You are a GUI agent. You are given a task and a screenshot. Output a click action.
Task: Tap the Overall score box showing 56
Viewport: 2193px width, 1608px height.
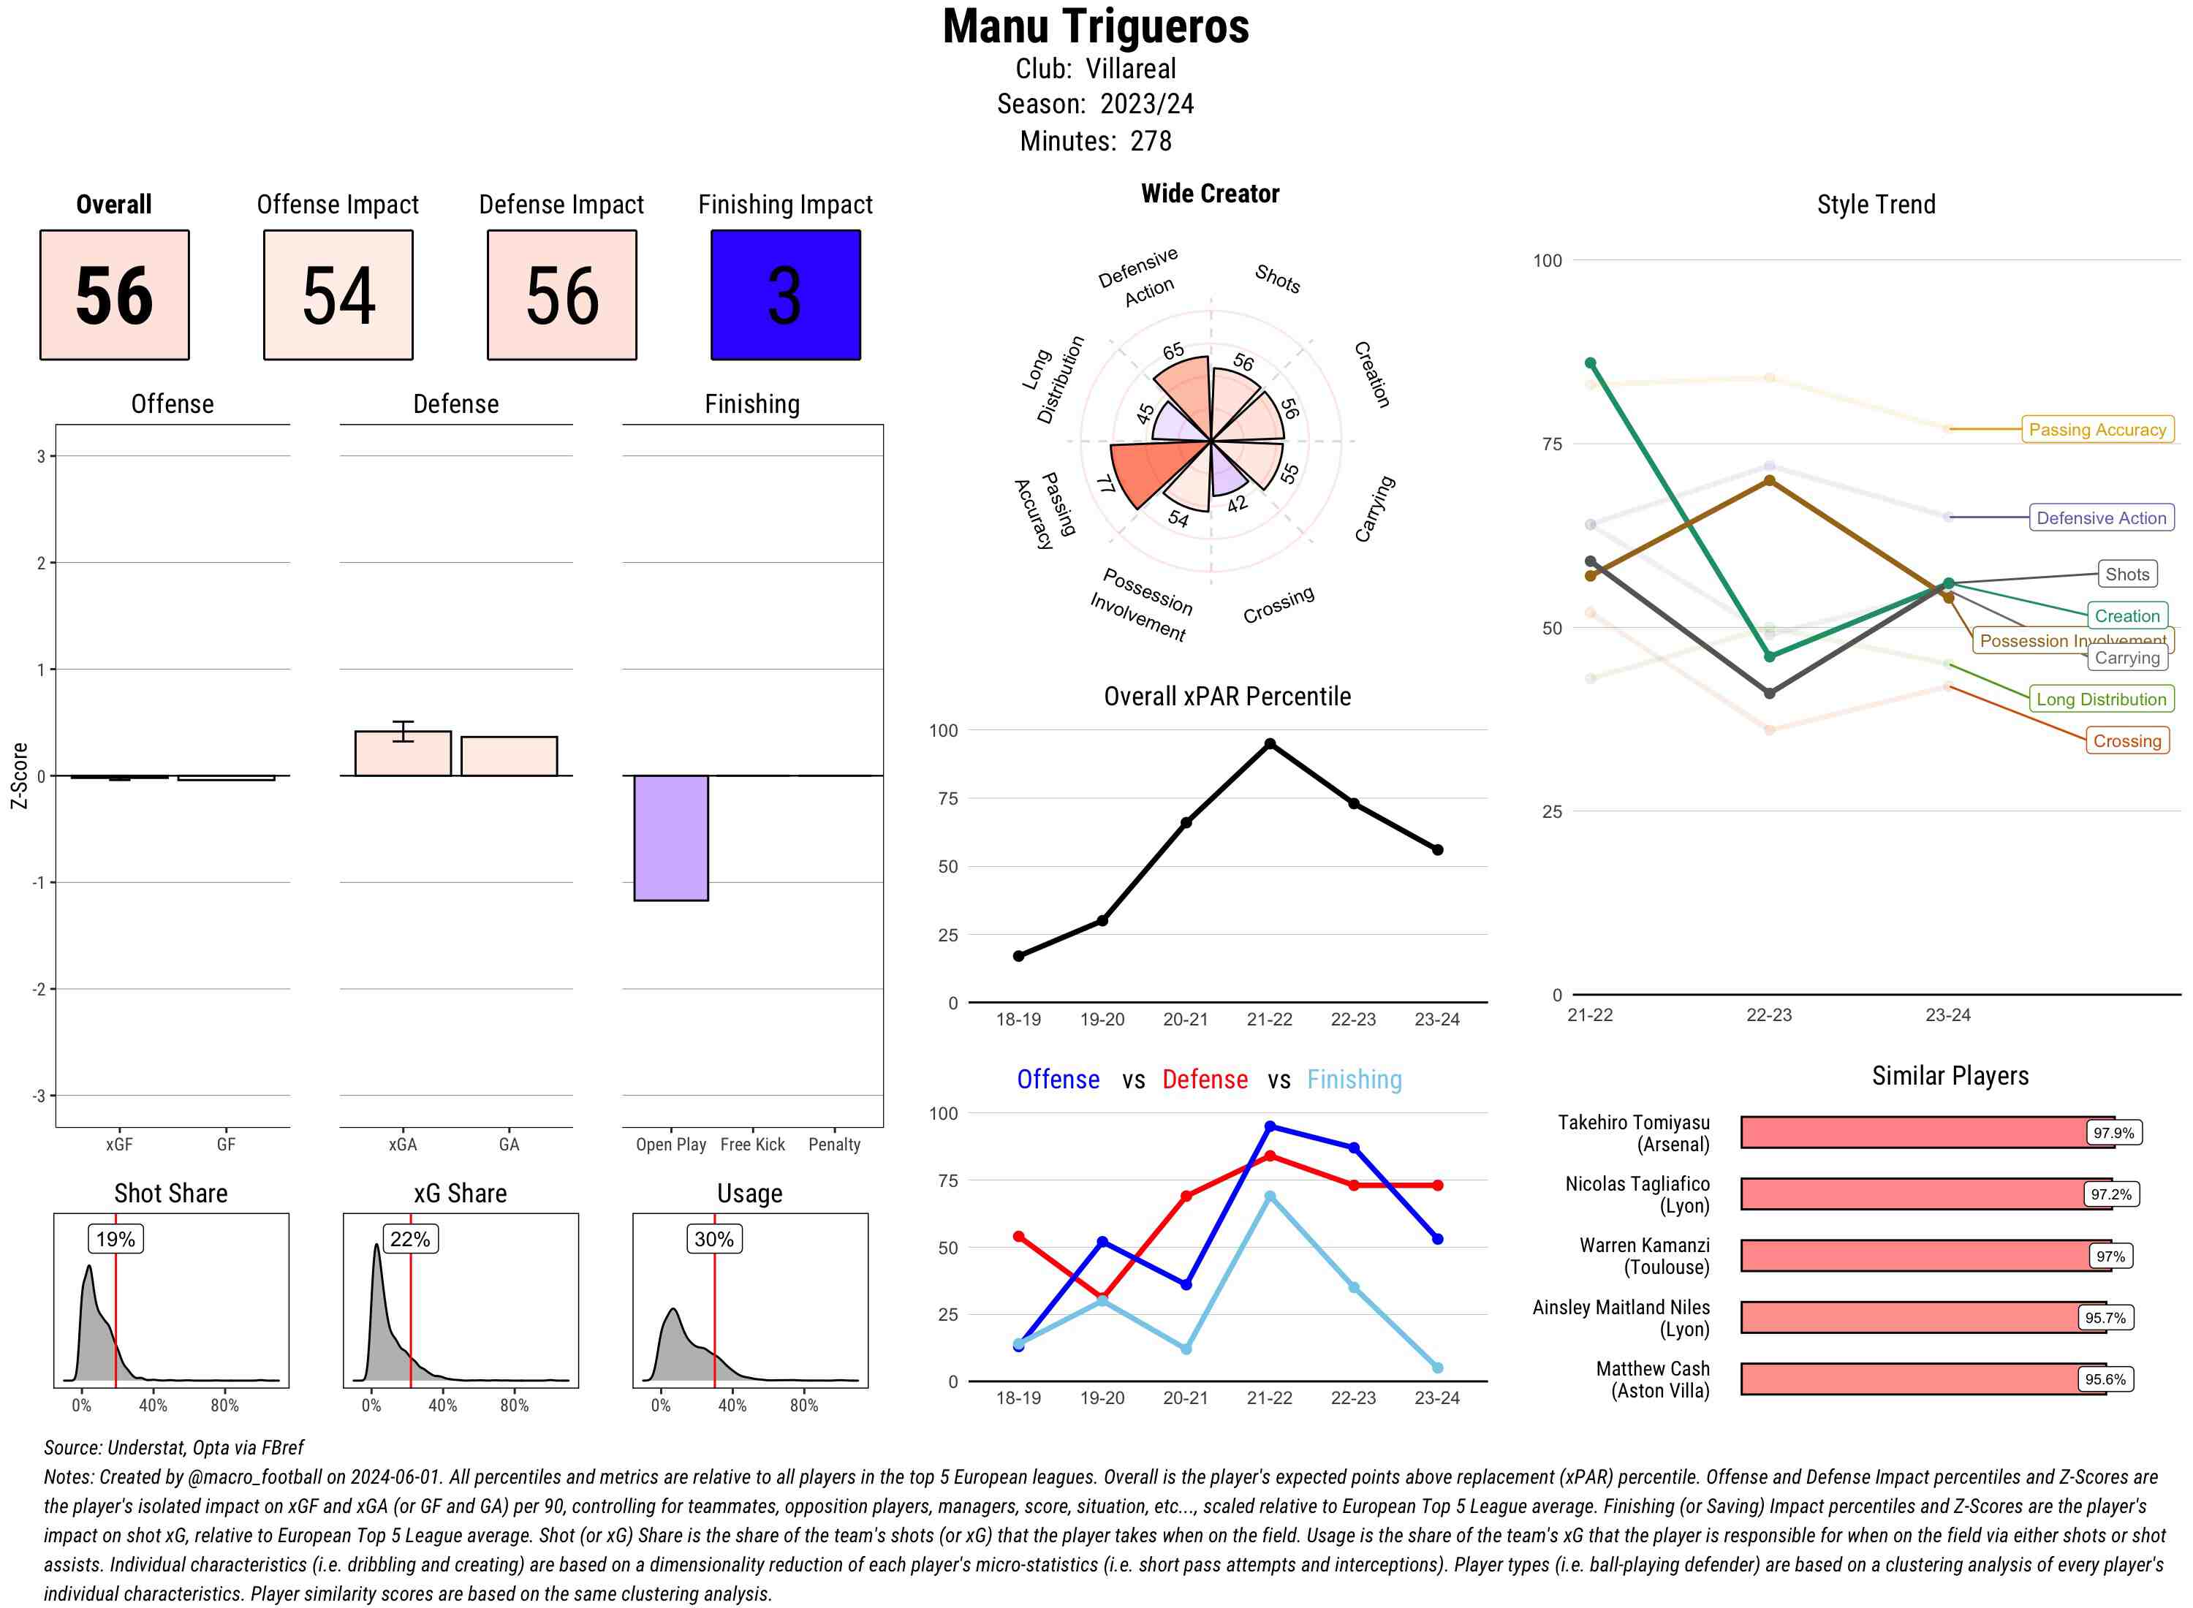pos(114,295)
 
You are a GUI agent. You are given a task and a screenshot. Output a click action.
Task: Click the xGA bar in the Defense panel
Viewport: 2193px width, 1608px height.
pos(403,754)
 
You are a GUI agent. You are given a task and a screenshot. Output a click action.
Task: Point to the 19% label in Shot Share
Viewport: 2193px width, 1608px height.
pos(115,1239)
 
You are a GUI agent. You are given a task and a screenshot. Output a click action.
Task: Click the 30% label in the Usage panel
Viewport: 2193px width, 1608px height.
pos(713,1239)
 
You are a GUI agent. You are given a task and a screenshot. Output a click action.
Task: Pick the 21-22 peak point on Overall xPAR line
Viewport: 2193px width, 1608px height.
pos(1269,743)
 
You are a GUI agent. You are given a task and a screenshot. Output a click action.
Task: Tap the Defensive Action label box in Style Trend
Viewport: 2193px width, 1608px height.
pos(2101,517)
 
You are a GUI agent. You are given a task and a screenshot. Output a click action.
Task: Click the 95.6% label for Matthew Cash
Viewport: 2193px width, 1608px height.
pos(2105,1379)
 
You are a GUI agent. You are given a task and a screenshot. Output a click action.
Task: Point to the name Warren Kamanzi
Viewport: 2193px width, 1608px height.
pos(1644,1245)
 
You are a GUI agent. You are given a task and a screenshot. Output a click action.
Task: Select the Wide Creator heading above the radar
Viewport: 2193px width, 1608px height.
pos(1210,194)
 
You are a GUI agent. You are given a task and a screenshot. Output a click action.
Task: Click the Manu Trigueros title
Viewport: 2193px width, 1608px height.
pos(1096,26)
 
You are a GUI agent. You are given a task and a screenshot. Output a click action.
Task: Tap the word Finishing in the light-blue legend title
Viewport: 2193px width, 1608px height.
pos(1354,1080)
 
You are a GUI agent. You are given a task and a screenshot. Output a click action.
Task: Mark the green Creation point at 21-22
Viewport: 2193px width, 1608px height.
pos(1591,363)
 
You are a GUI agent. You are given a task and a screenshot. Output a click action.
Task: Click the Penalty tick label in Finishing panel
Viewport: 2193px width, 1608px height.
pos(834,1145)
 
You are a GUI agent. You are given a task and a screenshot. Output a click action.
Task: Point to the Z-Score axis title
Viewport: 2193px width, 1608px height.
pos(18,775)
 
